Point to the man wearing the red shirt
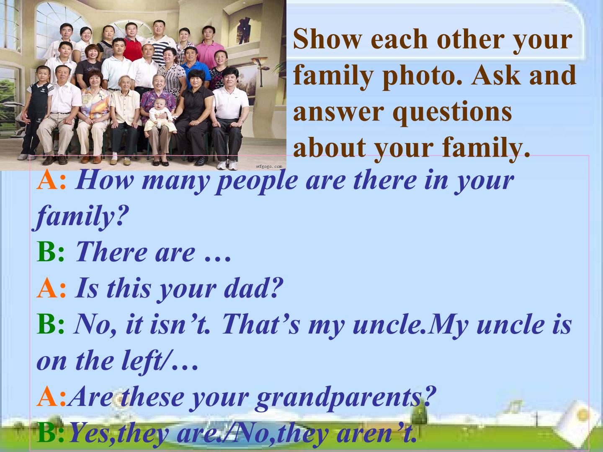(131, 46)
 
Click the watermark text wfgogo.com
(269, 166)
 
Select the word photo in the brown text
(421, 75)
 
